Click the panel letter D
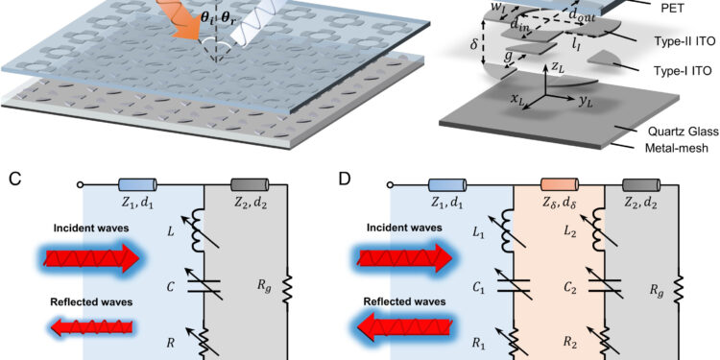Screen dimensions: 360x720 coord(377,180)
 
